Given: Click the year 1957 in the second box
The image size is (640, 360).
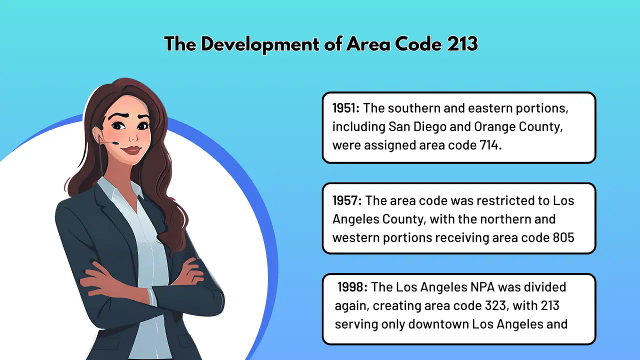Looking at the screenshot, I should click(x=346, y=200).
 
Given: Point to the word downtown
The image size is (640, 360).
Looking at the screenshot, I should click(x=439, y=324).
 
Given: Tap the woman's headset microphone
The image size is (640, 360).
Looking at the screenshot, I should click(x=115, y=143).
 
